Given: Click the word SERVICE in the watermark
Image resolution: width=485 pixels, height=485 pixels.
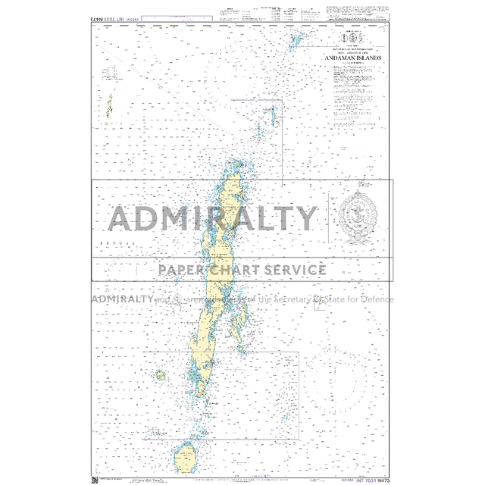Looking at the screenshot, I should [297, 270].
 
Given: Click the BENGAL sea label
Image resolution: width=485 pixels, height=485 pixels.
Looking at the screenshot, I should [115, 242].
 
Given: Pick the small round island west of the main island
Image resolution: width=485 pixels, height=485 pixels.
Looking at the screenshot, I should [161, 375].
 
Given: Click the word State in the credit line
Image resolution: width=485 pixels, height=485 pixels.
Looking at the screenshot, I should [338, 299].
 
